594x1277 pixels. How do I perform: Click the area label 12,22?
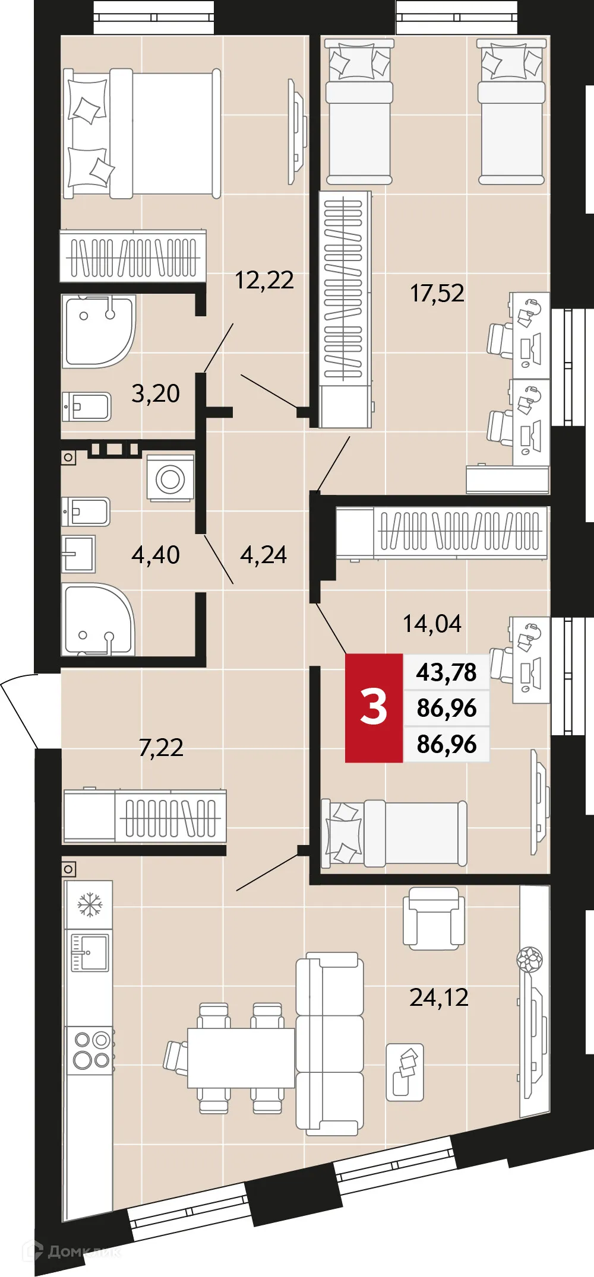pyautogui.click(x=264, y=280)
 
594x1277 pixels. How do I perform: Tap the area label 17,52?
pyautogui.click(x=437, y=293)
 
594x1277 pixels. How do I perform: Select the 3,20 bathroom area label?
pyautogui.click(x=155, y=393)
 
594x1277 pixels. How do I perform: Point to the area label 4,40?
pyautogui.click(x=155, y=555)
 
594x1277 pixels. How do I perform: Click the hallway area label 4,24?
pyautogui.click(x=263, y=555)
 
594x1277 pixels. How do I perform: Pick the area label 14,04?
pyautogui.click(x=432, y=624)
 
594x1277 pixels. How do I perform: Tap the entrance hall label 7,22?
pyautogui.click(x=160, y=748)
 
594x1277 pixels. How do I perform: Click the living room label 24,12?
pyautogui.click(x=438, y=998)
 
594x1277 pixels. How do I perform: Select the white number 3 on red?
pyautogui.click(x=374, y=707)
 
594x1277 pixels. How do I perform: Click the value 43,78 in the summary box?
pyautogui.click(x=446, y=672)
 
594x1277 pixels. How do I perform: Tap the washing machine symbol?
pyautogui.click(x=170, y=478)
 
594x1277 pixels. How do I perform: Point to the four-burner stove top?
pyautogui.click(x=91, y=1050)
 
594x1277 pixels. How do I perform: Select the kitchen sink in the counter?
pyautogui.click(x=90, y=952)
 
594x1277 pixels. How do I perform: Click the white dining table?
pyautogui.click(x=241, y=1057)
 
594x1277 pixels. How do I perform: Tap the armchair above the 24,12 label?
pyautogui.click(x=434, y=919)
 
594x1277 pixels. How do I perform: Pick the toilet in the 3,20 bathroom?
pyautogui.click(x=87, y=406)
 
